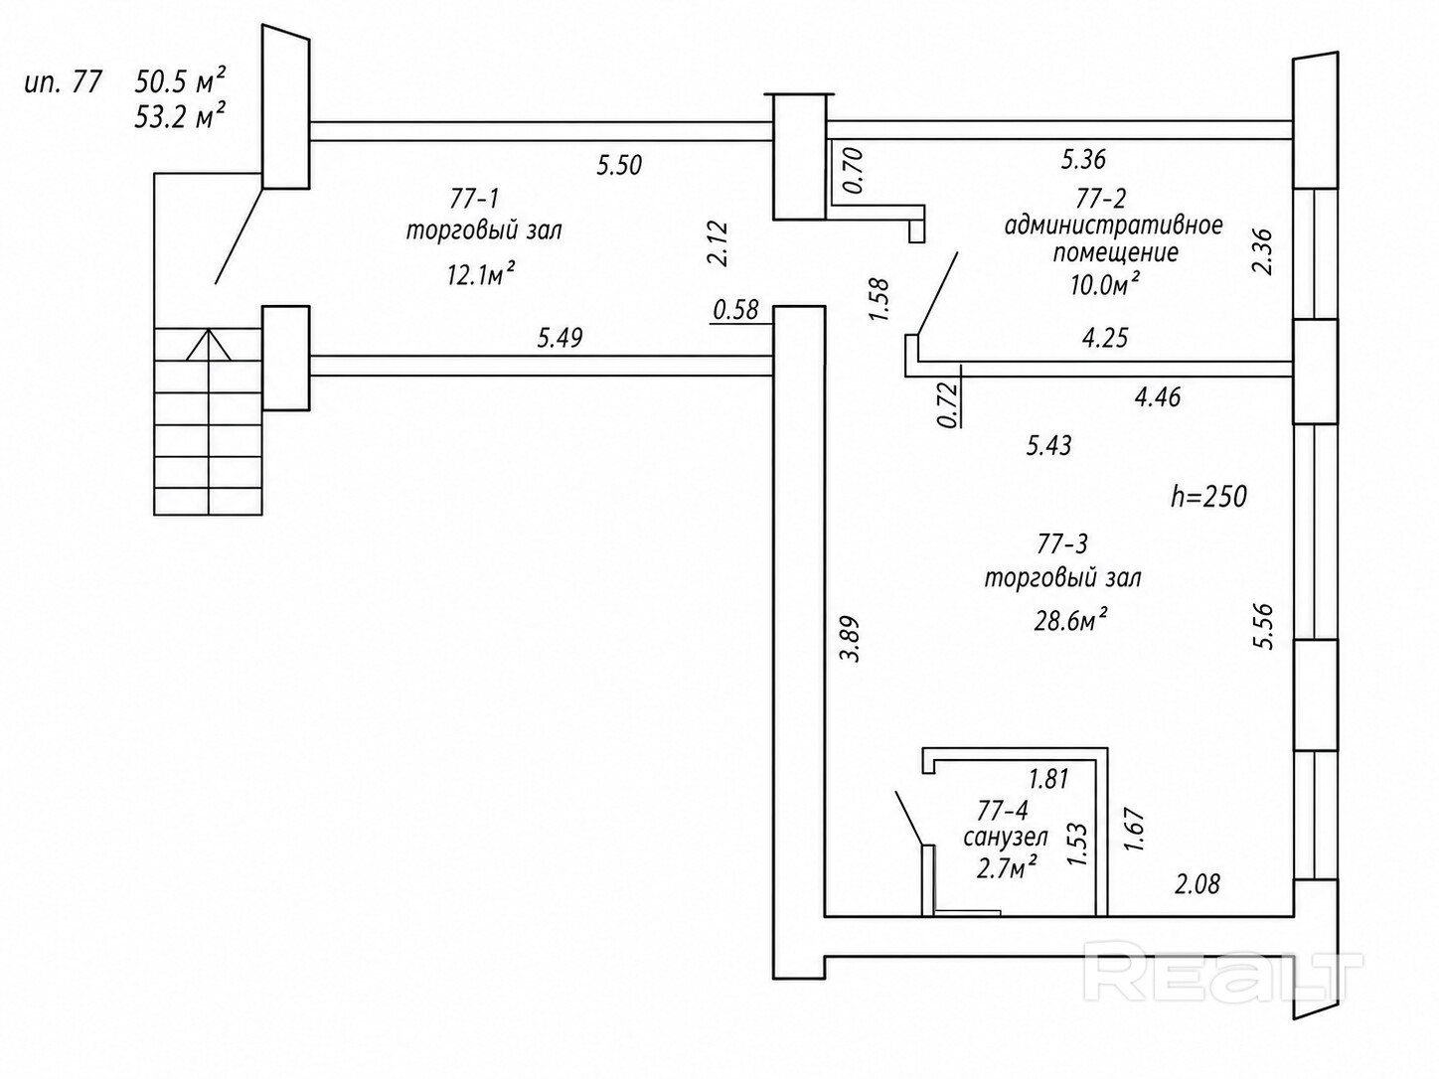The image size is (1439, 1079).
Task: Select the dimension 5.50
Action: point(619,165)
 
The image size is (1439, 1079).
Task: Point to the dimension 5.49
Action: point(560,338)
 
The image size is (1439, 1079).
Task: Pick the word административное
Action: point(1113,225)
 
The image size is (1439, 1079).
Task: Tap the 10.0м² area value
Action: point(1104,286)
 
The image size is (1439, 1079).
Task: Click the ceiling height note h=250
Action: point(1208,496)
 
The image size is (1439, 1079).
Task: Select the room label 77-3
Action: point(1062,543)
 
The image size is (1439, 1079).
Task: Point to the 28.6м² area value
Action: point(1071,621)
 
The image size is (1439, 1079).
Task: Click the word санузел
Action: point(1006,838)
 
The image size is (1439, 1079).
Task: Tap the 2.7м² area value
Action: point(1008,868)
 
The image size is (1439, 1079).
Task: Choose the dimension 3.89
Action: point(852,640)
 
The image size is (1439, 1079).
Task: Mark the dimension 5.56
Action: point(1263,626)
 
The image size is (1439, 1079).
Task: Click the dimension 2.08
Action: point(1198,882)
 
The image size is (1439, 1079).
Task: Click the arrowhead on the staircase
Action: point(209,344)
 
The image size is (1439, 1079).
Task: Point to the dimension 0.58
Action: point(735,311)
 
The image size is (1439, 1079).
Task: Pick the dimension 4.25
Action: point(1105,338)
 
